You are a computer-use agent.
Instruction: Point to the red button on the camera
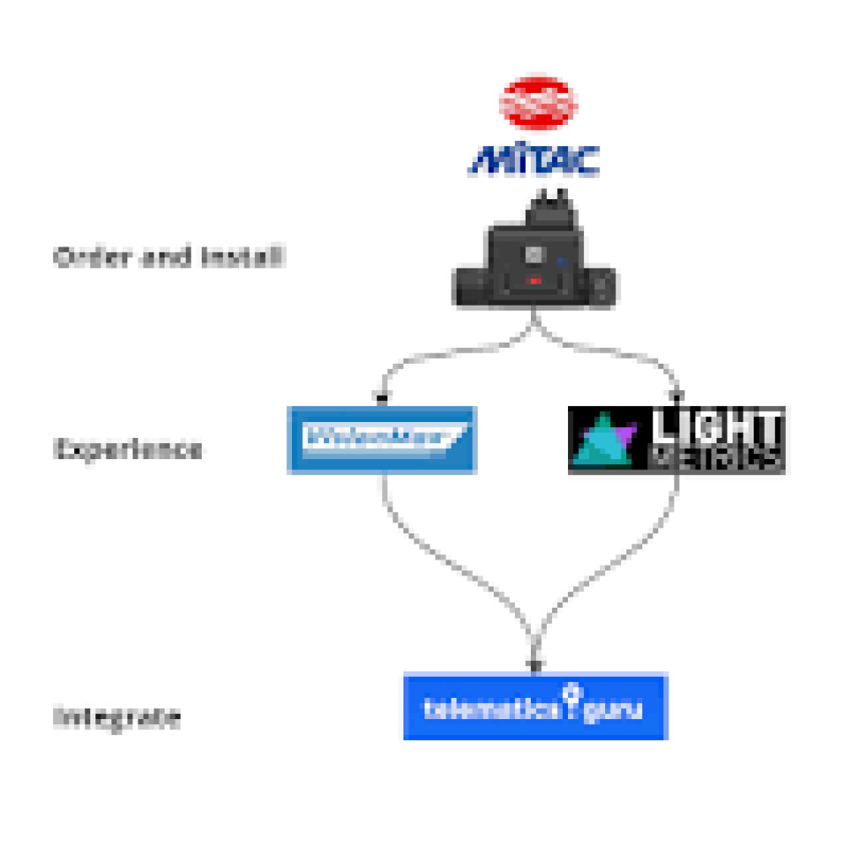[534, 281]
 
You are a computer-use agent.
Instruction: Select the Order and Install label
[168, 257]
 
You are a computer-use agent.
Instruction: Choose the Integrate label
[117, 718]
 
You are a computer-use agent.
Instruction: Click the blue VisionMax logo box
[382, 440]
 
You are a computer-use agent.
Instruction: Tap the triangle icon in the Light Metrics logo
[603, 441]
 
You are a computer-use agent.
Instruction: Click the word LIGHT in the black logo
[717, 426]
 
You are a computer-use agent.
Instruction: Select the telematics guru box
[535, 706]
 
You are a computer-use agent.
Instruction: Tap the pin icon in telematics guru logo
[574, 695]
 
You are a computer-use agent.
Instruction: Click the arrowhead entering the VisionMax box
[382, 397]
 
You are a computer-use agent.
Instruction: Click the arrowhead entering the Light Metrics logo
[676, 397]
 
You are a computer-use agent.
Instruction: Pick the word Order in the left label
[80, 257]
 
